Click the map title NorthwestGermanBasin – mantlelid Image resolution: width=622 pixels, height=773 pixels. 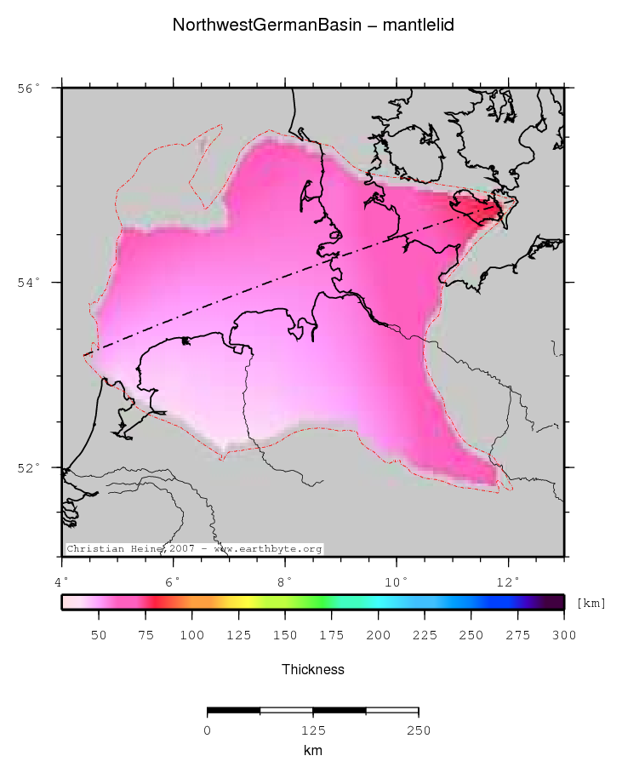pyautogui.click(x=312, y=26)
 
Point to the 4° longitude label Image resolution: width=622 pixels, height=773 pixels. pyautogui.click(x=62, y=582)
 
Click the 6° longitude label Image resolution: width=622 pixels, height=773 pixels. pyautogui.click(x=174, y=582)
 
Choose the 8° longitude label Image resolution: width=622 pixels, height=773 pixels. pyautogui.click(x=285, y=582)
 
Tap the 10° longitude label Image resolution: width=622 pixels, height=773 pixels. pyautogui.click(x=397, y=582)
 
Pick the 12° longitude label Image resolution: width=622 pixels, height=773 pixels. pyautogui.click(x=508, y=582)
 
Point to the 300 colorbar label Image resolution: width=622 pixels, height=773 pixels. pyautogui.click(x=563, y=635)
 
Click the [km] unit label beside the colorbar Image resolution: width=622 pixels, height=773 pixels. pyautogui.click(x=591, y=604)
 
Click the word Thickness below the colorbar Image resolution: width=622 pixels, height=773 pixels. pyautogui.click(x=312, y=670)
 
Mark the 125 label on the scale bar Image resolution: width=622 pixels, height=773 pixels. pyautogui.click(x=312, y=730)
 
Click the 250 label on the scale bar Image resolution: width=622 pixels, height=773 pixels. pyautogui.click(x=418, y=730)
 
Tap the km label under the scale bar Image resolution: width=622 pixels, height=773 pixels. pyautogui.click(x=312, y=751)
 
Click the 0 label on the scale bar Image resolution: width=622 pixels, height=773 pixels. pyautogui.click(x=208, y=730)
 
